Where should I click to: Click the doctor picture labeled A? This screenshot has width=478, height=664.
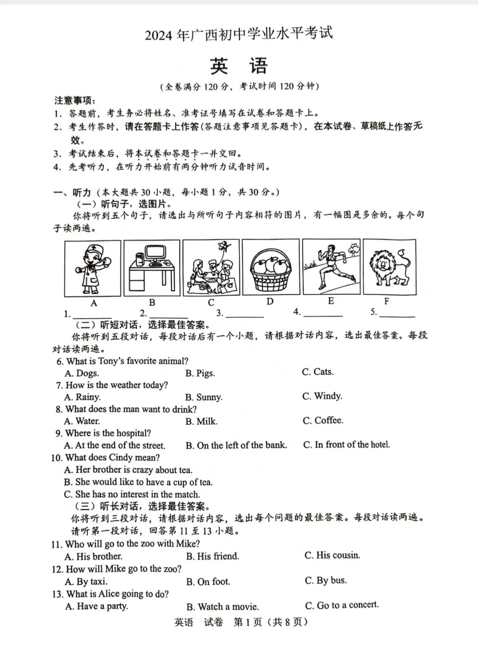93,268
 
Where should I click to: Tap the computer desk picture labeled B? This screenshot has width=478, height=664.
152,268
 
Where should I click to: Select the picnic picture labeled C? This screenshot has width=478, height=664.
211,268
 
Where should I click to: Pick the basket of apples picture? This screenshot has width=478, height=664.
270,267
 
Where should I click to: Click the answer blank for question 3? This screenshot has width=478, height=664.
244,313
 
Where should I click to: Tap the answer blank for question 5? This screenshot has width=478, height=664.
397,313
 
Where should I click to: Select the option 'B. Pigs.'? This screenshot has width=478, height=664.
200,373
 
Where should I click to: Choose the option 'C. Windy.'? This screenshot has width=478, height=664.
322,396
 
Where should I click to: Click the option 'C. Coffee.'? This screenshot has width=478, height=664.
323,420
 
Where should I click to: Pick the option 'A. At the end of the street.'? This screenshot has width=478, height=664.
115,445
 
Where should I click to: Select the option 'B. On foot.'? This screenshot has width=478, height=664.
208,581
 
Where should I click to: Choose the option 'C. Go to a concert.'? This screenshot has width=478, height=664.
342,605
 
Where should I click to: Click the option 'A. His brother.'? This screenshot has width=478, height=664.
93,556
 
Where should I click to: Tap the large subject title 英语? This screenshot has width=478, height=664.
239,66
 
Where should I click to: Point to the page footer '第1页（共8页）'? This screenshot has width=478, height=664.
270,622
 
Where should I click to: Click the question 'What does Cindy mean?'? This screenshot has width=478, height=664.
112,457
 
